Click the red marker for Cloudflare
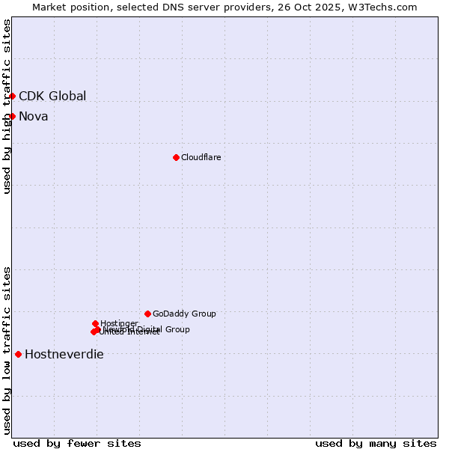(176, 157)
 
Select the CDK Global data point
(12, 96)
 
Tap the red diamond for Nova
(12, 116)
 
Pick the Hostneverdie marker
(18, 354)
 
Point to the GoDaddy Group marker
(147, 314)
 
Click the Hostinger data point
(95, 323)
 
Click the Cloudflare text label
(201, 157)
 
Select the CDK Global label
(52, 96)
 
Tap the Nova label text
(33, 116)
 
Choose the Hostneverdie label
(64, 354)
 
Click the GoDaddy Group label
(184, 314)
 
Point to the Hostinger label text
(119, 323)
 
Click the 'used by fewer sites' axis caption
(77, 443)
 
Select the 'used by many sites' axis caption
(376, 443)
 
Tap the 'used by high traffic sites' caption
(7, 106)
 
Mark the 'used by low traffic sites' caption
(7, 350)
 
